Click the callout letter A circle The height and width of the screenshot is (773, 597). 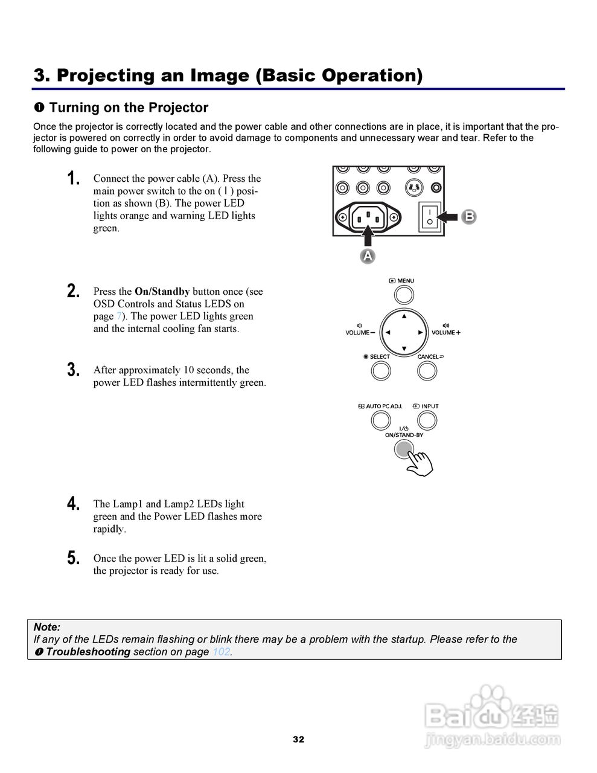368,256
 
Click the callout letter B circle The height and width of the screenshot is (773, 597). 468,217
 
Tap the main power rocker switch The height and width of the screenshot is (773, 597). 429,217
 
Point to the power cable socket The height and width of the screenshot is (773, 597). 368,216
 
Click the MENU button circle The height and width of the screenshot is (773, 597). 404,295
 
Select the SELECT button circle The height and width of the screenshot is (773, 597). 381,370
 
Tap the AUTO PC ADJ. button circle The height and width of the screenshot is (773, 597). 381,420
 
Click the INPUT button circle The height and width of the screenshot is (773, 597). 427,420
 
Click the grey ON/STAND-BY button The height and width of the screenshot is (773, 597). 403,449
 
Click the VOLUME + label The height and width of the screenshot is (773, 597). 445,333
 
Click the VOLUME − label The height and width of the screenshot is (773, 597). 360,333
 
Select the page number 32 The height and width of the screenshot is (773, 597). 298,739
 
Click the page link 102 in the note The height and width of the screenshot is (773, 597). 221,652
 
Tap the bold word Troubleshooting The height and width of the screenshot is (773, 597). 88,652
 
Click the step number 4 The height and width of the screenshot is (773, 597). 74,504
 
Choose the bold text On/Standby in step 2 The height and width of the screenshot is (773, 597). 162,291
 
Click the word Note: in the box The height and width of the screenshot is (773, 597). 47,627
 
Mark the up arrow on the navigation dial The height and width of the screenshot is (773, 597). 404,316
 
